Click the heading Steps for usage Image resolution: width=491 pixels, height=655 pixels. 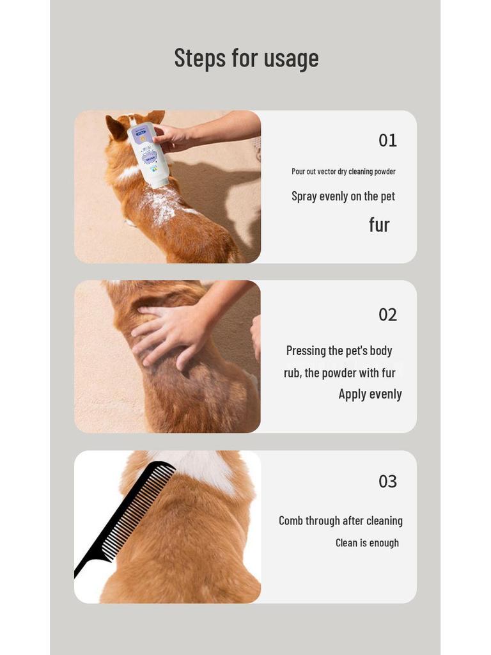click(246, 58)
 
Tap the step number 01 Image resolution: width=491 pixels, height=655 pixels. click(387, 140)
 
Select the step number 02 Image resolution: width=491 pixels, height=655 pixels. click(387, 315)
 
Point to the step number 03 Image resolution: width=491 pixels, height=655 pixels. click(387, 482)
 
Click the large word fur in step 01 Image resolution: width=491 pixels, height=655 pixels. click(379, 225)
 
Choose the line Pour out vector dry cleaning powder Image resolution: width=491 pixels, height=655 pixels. click(343, 171)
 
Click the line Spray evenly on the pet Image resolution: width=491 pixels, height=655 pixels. click(343, 196)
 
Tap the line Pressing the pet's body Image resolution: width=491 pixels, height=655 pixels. click(339, 351)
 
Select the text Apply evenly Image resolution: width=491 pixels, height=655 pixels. click(370, 394)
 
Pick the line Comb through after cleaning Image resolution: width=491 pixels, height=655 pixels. click(340, 521)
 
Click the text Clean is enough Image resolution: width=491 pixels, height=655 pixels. click(367, 543)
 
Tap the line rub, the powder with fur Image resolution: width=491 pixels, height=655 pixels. click(339, 373)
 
